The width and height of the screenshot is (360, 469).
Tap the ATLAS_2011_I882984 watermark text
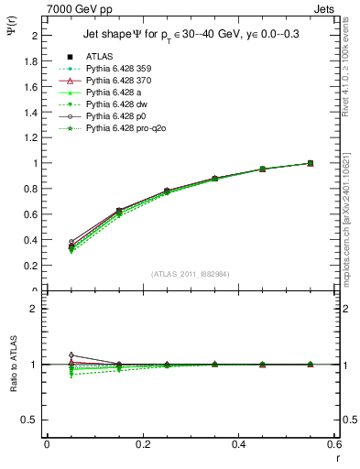click(190, 275)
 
